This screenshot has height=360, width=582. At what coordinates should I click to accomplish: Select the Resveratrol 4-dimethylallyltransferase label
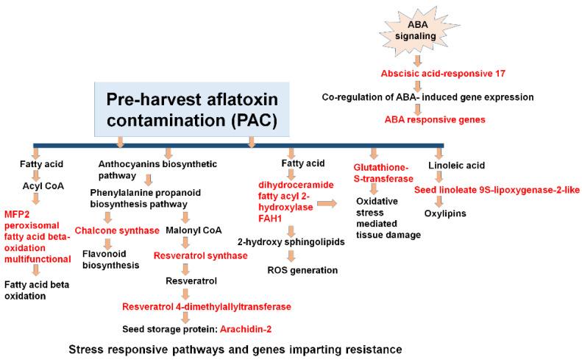point(207,306)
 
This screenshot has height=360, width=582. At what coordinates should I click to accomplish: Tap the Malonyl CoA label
point(195,230)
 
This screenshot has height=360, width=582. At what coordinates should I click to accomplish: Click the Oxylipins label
point(446,213)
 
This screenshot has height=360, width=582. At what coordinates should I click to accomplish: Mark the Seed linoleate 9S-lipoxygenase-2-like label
point(497,189)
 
